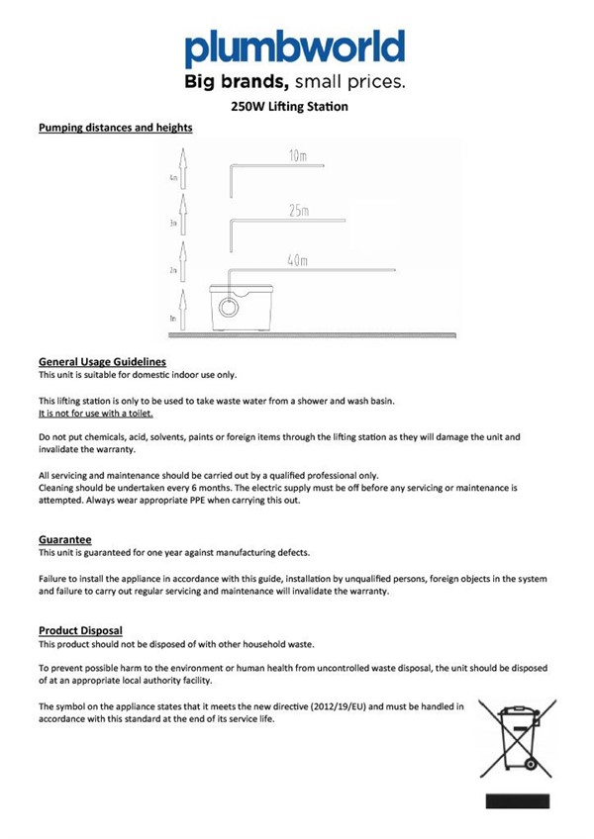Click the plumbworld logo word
coord(295,47)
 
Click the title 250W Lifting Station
coord(296,106)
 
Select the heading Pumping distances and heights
coord(115,128)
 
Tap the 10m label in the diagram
coord(297,156)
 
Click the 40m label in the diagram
coord(297,260)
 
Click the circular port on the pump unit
coord(228,307)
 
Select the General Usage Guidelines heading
coord(102,362)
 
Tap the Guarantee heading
coord(65,539)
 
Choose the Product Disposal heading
coord(80,630)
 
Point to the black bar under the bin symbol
coord(517,800)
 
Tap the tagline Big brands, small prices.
coord(295,81)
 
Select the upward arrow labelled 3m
coord(182,216)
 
